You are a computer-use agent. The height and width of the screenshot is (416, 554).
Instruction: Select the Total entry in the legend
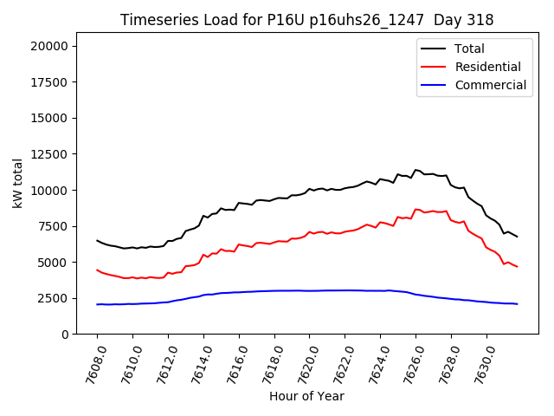click(469, 49)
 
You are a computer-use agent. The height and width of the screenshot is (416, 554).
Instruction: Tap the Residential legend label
click(487, 67)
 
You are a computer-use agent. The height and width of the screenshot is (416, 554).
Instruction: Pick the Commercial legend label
click(490, 85)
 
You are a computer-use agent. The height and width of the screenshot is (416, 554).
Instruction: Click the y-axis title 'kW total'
click(18, 183)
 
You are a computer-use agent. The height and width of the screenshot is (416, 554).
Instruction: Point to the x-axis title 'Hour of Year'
click(306, 396)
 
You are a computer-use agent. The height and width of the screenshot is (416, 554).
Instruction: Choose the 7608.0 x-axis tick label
click(90, 362)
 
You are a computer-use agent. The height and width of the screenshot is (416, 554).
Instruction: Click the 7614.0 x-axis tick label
click(196, 362)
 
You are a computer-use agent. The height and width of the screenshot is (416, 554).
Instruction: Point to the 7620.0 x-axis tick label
click(303, 362)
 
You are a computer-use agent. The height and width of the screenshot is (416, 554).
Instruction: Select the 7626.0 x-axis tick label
click(409, 362)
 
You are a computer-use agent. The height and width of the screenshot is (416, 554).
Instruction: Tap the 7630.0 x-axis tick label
click(480, 362)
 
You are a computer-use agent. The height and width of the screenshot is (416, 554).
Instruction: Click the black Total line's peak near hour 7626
click(416, 170)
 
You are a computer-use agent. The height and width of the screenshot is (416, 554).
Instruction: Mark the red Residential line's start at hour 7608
click(97, 270)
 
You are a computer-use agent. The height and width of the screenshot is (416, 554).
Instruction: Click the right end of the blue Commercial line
click(517, 304)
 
